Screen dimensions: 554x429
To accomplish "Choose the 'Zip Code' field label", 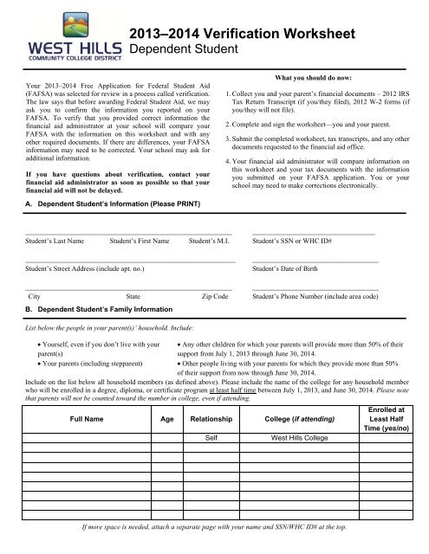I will (214, 297).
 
